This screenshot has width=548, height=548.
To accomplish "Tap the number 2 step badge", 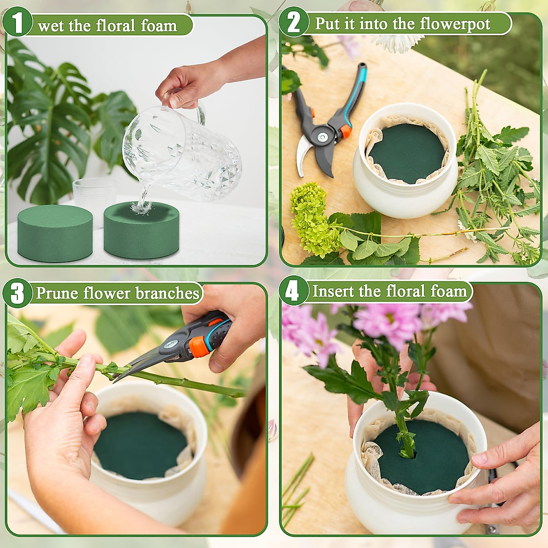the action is click(294, 22).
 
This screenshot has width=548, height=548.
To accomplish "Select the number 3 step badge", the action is click(17, 293).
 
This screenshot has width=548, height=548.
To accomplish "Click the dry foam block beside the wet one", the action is click(55, 232).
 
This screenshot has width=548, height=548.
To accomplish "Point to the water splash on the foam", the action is click(139, 206).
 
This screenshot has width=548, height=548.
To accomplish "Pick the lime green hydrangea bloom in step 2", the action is click(312, 219).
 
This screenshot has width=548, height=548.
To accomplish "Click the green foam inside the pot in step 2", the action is click(407, 153).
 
